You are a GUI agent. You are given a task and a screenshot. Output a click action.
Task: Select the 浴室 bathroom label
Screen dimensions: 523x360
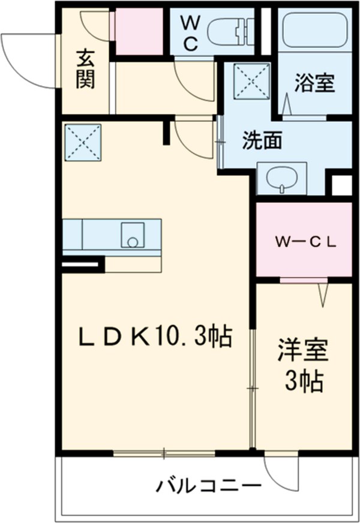(x=314, y=83)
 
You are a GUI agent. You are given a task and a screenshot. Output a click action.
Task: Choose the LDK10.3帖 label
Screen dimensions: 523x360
(x=155, y=338)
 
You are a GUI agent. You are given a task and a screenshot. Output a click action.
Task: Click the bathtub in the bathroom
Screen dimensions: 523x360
(x=315, y=28)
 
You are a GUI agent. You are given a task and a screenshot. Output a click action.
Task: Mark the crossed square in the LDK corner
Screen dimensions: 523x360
(x=82, y=142)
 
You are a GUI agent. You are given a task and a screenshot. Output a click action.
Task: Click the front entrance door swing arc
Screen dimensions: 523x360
(x=27, y=60)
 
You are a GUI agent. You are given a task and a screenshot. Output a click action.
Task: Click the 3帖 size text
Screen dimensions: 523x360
(x=304, y=381)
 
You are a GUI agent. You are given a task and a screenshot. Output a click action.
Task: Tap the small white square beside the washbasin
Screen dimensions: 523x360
(x=343, y=185)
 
